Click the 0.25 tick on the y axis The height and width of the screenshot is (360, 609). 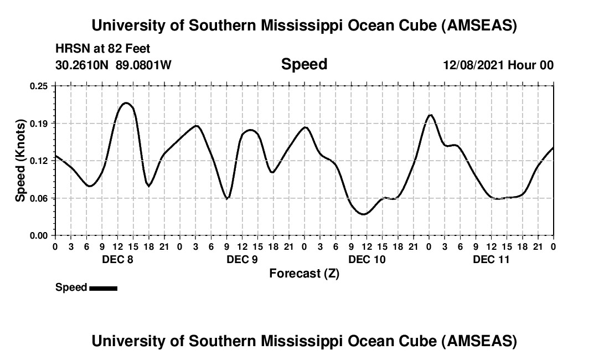pyautogui.click(x=39, y=86)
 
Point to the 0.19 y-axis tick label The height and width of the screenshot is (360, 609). pyautogui.click(x=39, y=123)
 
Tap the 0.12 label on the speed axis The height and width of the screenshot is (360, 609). pyautogui.click(x=39, y=161)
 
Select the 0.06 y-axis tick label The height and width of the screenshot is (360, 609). pyautogui.click(x=39, y=198)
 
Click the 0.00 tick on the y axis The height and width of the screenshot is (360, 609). pyautogui.click(x=39, y=235)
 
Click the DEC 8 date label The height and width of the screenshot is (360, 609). pyautogui.click(x=117, y=259)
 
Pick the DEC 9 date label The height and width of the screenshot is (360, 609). pyautogui.click(x=242, y=259)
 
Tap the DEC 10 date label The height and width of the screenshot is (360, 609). pyautogui.click(x=367, y=259)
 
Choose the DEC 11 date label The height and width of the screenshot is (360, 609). pyautogui.click(x=491, y=259)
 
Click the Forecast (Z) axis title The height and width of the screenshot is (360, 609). pyautogui.click(x=304, y=273)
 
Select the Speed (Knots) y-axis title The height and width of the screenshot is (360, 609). pyautogui.click(x=20, y=160)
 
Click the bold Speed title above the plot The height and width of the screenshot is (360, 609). pyautogui.click(x=304, y=64)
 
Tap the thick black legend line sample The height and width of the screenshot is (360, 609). pyautogui.click(x=103, y=288)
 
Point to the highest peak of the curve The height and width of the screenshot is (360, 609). pyautogui.click(x=126, y=103)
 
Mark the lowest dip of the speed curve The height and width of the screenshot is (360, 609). pyautogui.click(x=363, y=214)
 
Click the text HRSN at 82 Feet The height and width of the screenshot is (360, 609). pyautogui.click(x=103, y=49)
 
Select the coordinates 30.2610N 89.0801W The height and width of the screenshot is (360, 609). pyautogui.click(x=113, y=65)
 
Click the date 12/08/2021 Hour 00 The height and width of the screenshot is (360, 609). pyautogui.click(x=498, y=65)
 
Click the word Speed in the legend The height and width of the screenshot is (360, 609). pyautogui.click(x=71, y=287)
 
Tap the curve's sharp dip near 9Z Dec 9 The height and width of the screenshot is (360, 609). pyautogui.click(x=227, y=198)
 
